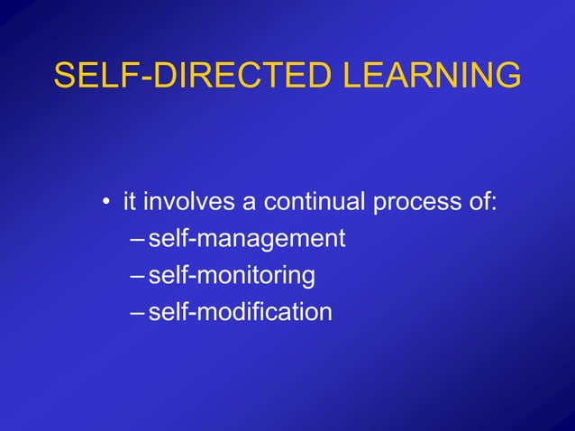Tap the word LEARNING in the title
pyautogui.click(x=434, y=76)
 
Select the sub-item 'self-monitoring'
pyautogui.click(x=232, y=276)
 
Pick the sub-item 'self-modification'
pyautogui.click(x=240, y=312)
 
